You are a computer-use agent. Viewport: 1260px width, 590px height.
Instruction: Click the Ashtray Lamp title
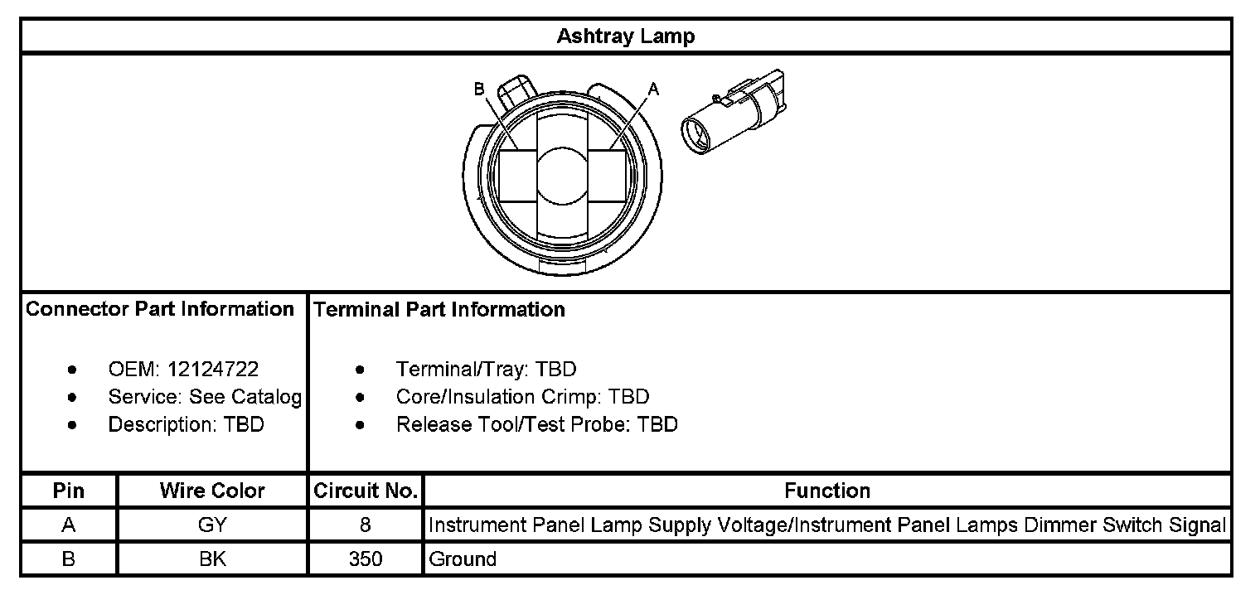(626, 36)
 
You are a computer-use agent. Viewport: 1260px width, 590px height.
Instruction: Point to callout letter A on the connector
(653, 89)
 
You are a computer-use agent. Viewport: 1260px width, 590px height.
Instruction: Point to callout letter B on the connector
(479, 89)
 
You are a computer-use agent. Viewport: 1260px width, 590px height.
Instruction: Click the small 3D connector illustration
(733, 112)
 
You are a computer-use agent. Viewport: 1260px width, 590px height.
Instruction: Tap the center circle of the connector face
(564, 175)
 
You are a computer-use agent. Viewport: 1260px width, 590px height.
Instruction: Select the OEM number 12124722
(212, 370)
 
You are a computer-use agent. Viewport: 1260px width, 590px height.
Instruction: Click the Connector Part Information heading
(160, 310)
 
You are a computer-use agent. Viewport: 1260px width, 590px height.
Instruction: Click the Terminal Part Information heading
(439, 310)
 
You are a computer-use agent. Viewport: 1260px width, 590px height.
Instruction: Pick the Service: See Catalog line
(204, 397)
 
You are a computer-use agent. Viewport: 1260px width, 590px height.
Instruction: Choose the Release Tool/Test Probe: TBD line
(536, 425)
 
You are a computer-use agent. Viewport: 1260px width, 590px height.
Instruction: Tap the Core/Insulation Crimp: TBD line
(522, 397)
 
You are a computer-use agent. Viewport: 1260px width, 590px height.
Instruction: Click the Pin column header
(69, 491)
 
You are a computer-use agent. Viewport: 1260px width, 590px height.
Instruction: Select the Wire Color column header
(212, 491)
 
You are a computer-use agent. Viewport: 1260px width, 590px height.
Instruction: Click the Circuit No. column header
(366, 491)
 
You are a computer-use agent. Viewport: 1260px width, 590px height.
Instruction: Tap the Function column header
(826, 491)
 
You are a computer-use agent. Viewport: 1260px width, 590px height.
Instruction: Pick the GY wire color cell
(212, 525)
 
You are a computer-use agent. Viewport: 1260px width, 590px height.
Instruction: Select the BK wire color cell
(212, 559)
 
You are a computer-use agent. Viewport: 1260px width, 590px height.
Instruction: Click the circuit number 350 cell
(366, 559)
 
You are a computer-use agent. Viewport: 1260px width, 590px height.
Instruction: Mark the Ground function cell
(463, 559)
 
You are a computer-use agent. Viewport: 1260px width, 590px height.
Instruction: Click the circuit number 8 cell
(366, 525)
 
